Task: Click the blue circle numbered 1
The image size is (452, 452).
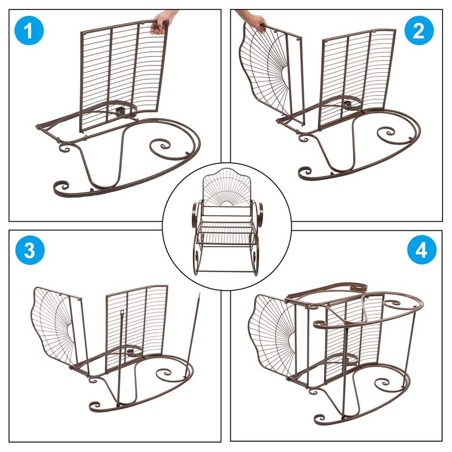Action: point(29,30)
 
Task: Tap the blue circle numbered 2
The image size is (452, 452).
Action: point(419,30)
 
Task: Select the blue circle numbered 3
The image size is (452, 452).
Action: point(30,250)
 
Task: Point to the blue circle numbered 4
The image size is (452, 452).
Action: point(421,250)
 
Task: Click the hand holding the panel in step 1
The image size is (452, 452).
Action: point(163,22)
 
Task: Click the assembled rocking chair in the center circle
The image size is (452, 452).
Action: point(226,221)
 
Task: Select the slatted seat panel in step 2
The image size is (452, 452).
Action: point(357,78)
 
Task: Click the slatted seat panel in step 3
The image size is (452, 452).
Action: point(136,329)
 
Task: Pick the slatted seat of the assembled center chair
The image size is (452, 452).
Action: point(226,234)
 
